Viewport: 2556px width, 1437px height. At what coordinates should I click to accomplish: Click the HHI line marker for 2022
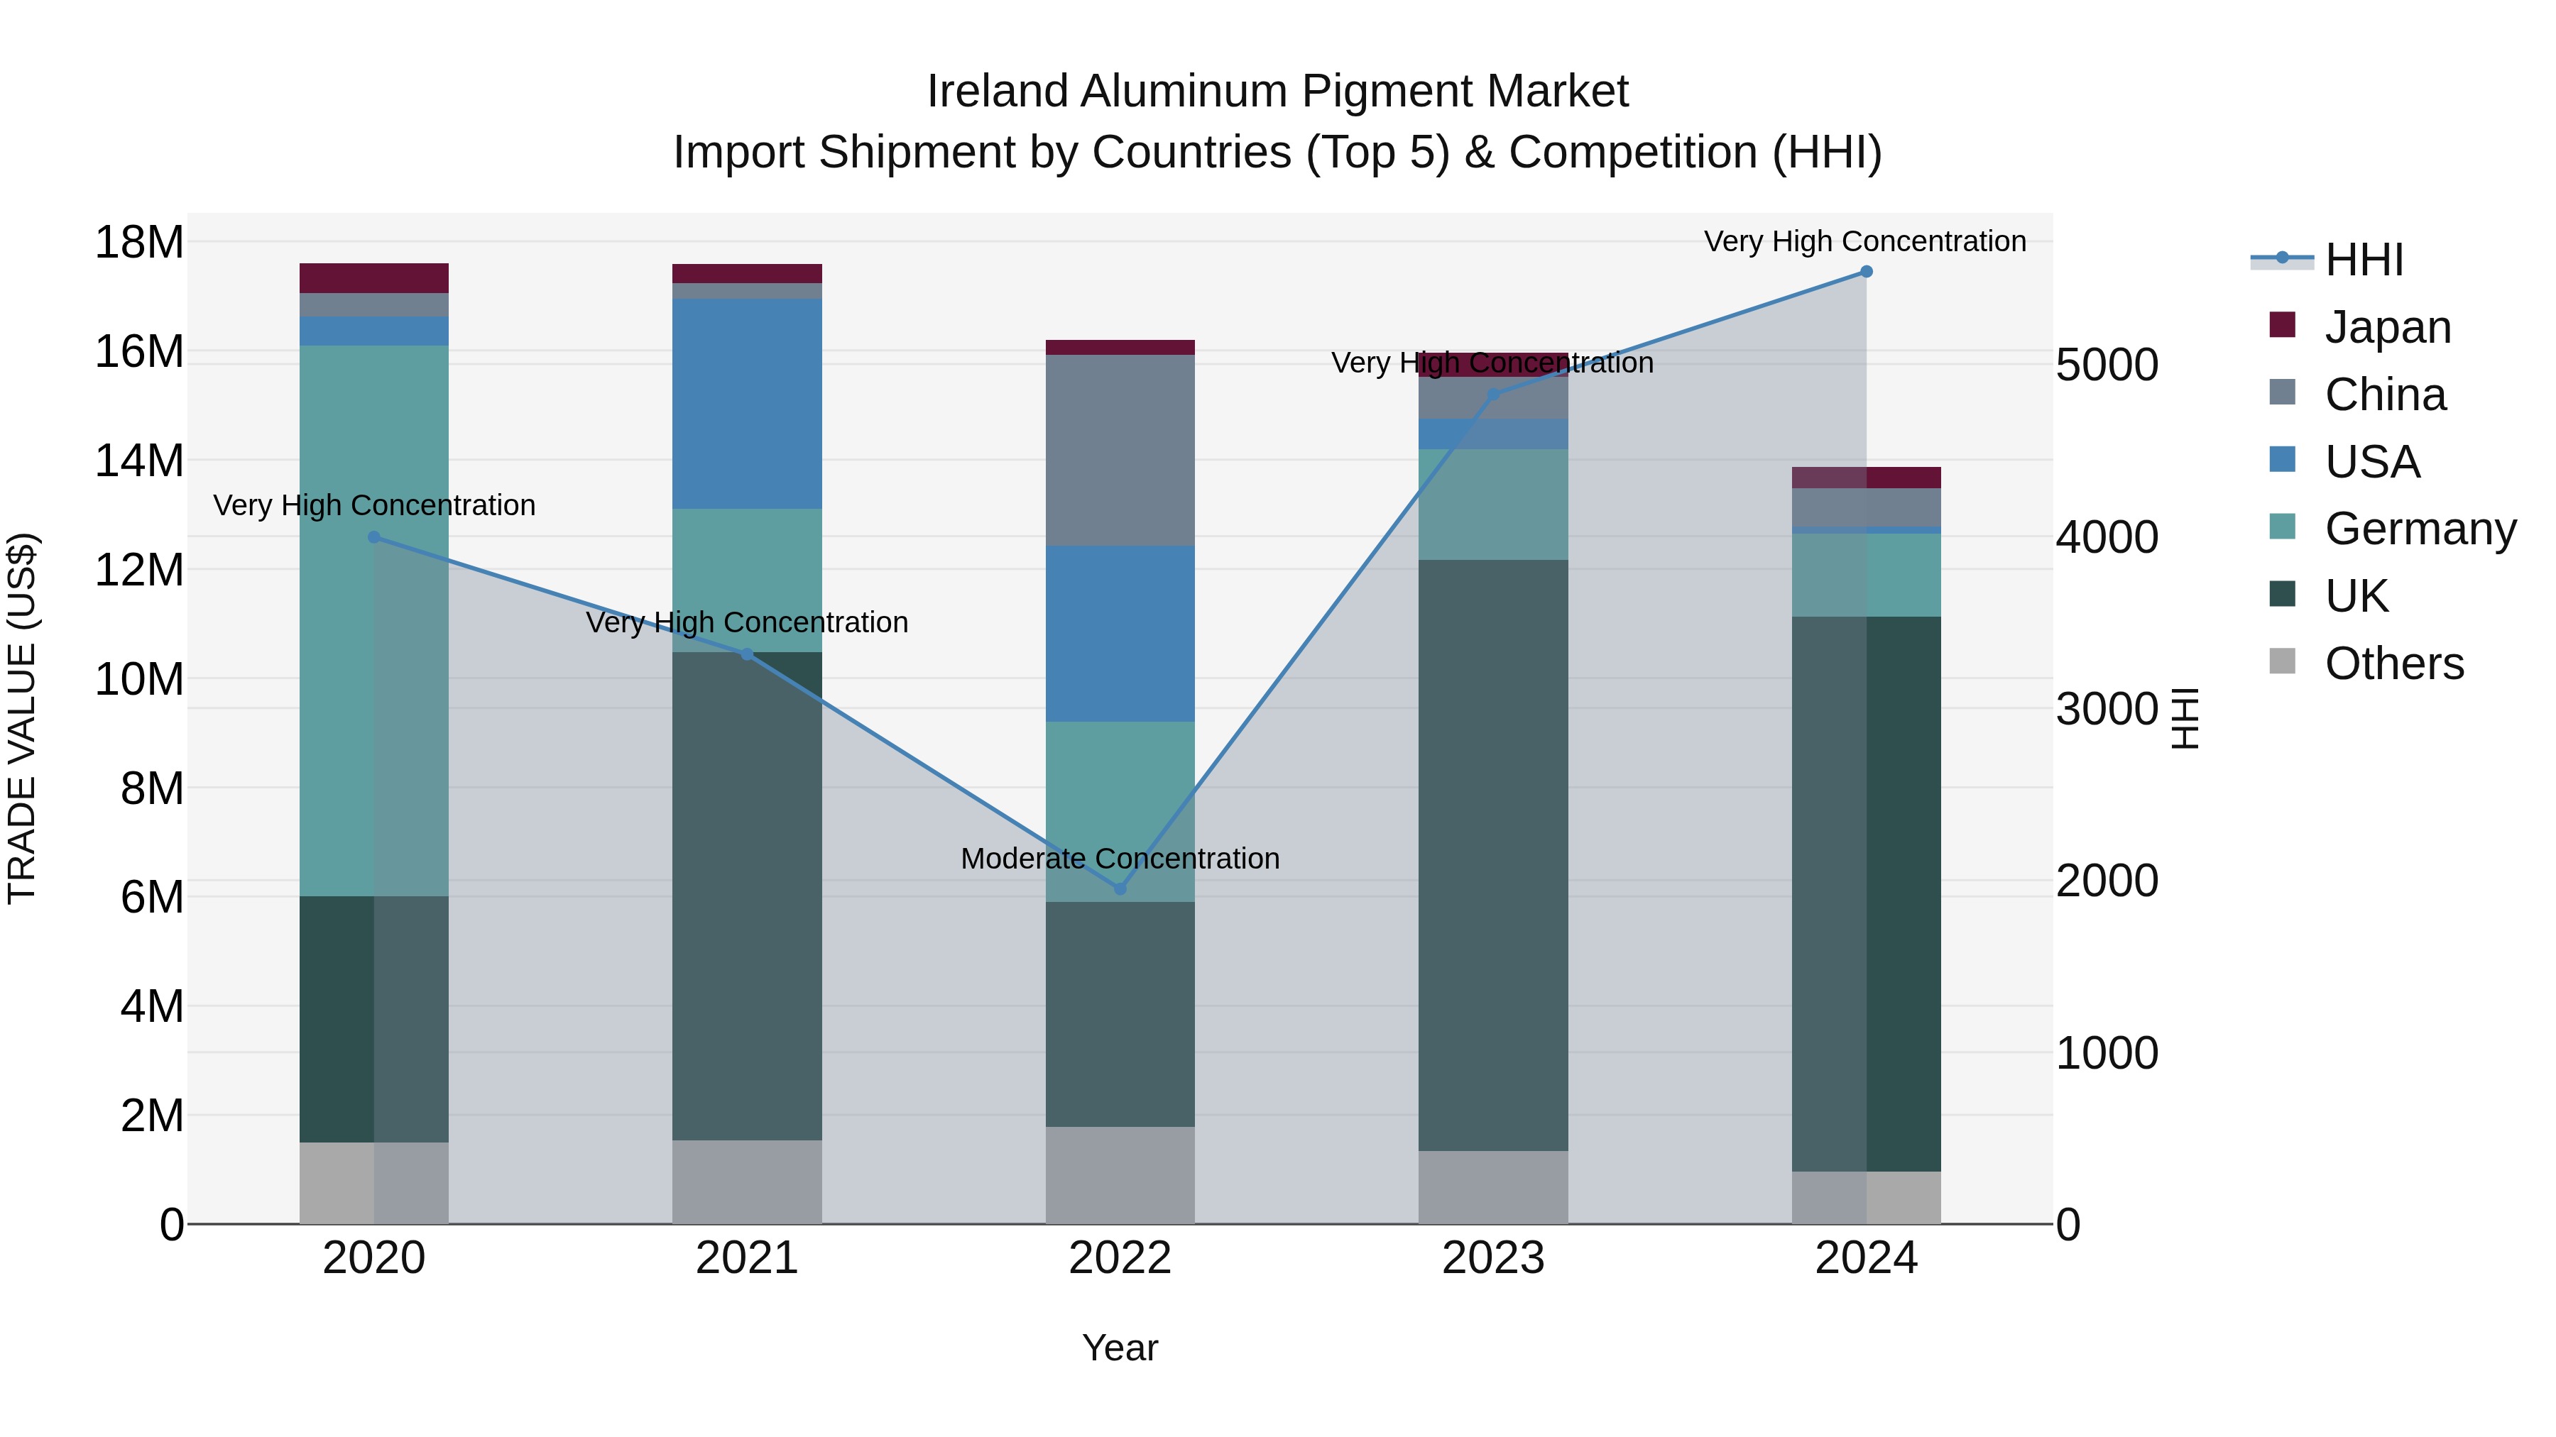[x=1120, y=888]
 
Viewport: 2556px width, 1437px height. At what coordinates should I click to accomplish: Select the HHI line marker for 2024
[x=1867, y=272]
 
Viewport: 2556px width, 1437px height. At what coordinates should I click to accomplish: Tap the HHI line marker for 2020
[x=374, y=537]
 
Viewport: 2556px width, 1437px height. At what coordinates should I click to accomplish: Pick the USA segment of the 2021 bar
[x=747, y=404]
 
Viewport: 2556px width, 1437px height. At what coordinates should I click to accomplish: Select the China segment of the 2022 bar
[x=1120, y=450]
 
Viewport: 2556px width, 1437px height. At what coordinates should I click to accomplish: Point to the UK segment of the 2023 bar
[x=1493, y=855]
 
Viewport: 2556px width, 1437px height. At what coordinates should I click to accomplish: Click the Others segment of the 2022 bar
[x=1120, y=1175]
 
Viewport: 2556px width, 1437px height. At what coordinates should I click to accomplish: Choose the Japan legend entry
[x=2386, y=327]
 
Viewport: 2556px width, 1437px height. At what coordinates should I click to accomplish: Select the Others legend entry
[x=2393, y=664]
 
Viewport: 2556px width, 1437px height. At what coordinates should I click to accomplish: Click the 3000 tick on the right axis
[x=2107, y=709]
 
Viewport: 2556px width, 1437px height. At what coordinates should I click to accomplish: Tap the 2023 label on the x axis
[x=1493, y=1258]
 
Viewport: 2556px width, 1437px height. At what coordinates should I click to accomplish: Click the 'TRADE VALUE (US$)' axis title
[x=23, y=718]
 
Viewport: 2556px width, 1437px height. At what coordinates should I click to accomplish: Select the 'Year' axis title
[x=1120, y=1348]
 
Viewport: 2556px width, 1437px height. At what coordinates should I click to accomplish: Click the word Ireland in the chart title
[x=998, y=92]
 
